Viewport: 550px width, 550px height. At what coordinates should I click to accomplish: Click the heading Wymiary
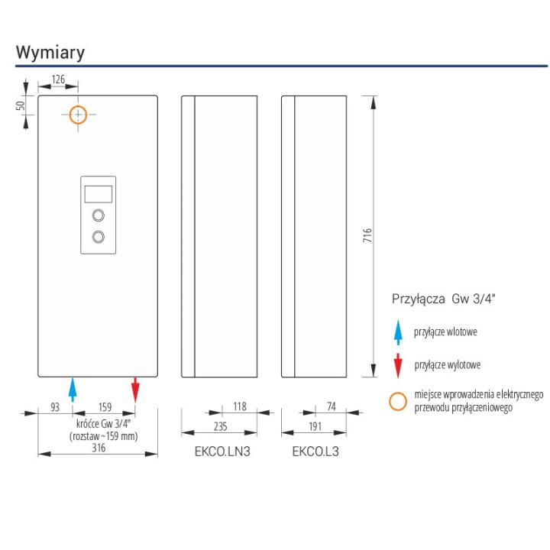[x=50, y=53]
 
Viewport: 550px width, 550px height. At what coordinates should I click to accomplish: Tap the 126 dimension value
[x=58, y=79]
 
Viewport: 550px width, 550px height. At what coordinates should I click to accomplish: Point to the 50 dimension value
[x=21, y=105]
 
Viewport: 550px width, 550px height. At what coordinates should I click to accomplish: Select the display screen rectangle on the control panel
[x=99, y=194]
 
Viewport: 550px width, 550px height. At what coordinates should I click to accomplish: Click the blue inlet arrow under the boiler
[x=73, y=390]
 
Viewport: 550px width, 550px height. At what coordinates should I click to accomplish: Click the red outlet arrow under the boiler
[x=135, y=390]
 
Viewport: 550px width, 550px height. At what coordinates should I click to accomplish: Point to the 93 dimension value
[x=55, y=407]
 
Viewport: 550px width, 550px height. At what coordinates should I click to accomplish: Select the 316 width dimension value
[x=99, y=448]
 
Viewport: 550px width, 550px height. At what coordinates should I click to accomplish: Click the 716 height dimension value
[x=367, y=235]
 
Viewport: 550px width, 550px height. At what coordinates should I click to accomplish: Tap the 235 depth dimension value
[x=220, y=426]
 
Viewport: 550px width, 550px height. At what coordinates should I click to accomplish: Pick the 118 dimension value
[x=240, y=406]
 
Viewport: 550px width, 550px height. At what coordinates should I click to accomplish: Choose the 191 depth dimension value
[x=315, y=426]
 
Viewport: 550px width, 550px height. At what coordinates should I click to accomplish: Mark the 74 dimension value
[x=332, y=406]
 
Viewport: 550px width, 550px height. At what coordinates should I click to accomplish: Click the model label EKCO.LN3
[x=222, y=451]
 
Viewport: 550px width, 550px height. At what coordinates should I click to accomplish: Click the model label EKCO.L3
[x=315, y=451]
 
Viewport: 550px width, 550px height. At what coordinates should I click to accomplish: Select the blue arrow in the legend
[x=398, y=332]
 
